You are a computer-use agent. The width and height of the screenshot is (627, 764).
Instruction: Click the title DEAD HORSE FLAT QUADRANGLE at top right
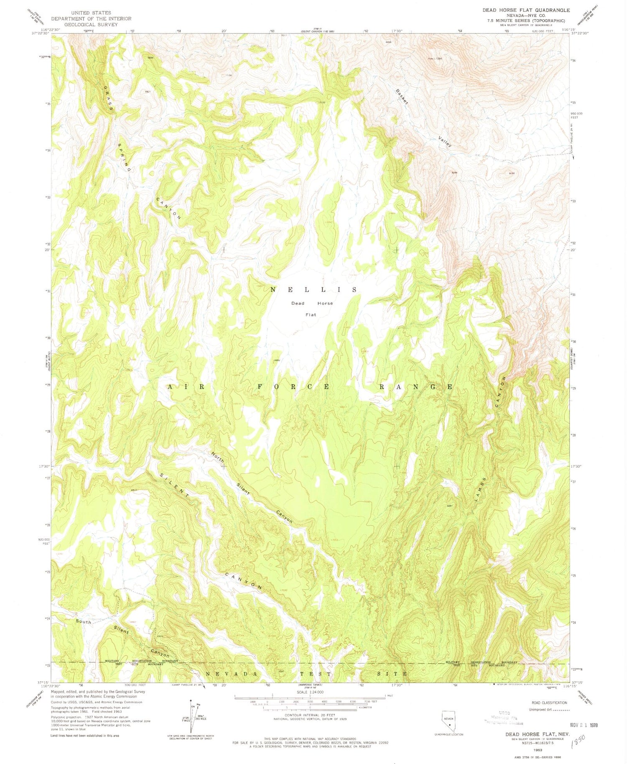click(x=526, y=10)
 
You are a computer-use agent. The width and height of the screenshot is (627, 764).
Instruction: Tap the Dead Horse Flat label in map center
click(x=312, y=309)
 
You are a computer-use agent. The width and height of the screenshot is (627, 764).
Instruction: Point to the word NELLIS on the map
click(x=313, y=289)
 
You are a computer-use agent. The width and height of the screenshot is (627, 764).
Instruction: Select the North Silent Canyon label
click(x=251, y=487)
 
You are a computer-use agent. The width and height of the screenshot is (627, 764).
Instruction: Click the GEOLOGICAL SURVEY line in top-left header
click(x=91, y=24)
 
